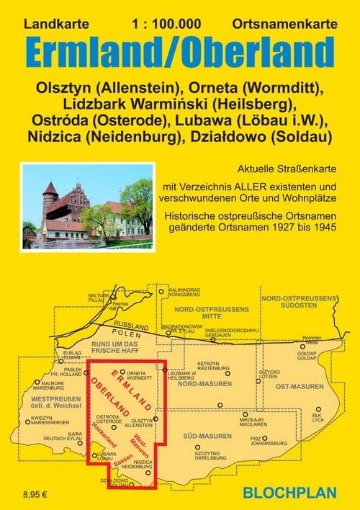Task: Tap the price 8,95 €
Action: (x=37, y=494)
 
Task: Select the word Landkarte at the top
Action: (x=53, y=24)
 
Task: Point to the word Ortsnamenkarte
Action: (x=284, y=24)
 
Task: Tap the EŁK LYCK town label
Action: (x=318, y=418)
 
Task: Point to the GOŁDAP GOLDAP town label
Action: (x=307, y=356)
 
